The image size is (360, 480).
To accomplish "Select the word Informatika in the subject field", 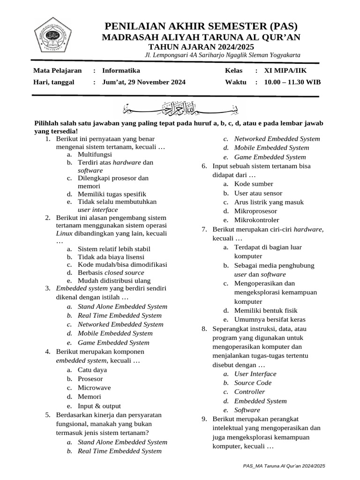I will coord(121,70).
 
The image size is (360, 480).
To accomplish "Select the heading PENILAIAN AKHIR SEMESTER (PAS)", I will coord(201,26).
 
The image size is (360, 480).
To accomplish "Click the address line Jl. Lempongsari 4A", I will coord(223,55).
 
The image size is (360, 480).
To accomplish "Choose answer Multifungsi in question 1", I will coord(95,154).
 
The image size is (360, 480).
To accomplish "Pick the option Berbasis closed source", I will coord(111,272).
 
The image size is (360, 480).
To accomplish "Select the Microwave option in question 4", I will coord(94,388).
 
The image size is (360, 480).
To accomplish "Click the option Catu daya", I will coord(92,370).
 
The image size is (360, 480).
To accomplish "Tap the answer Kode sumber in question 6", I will coord(254,184).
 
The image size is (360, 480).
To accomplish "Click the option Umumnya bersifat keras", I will coord(266,319).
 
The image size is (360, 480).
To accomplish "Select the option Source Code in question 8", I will coord(253,382).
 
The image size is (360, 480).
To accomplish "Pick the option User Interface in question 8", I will coord(255,374).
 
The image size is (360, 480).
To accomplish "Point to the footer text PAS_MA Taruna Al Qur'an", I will coord(284,466).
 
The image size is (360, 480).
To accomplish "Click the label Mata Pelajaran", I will coord(57,70).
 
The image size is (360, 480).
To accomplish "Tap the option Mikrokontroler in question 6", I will coord(256,220).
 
